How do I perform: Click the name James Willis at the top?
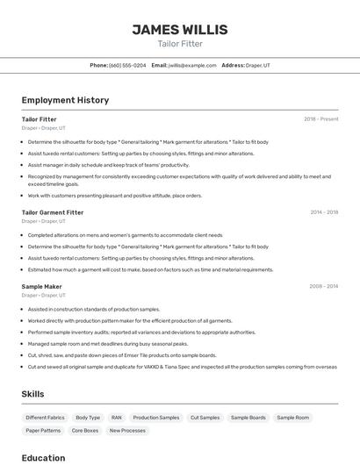(x=179, y=29)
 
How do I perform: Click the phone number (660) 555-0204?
(x=127, y=65)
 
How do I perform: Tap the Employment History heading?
(x=65, y=100)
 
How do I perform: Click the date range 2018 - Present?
(x=320, y=118)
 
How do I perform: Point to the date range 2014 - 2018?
(x=324, y=211)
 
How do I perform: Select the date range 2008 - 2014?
(x=323, y=286)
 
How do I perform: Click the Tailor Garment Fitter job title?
(x=53, y=211)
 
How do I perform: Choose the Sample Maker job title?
(x=41, y=286)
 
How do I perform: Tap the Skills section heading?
(x=32, y=394)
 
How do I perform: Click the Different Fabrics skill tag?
(x=45, y=418)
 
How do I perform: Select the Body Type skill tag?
(x=88, y=418)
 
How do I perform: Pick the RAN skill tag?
(x=116, y=418)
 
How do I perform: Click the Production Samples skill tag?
(x=155, y=418)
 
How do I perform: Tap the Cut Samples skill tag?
(x=205, y=418)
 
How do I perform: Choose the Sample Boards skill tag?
(x=248, y=418)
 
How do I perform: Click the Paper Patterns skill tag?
(x=43, y=431)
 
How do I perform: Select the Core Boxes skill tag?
(x=85, y=431)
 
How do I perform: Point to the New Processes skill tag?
(x=127, y=431)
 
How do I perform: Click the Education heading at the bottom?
(x=43, y=457)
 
